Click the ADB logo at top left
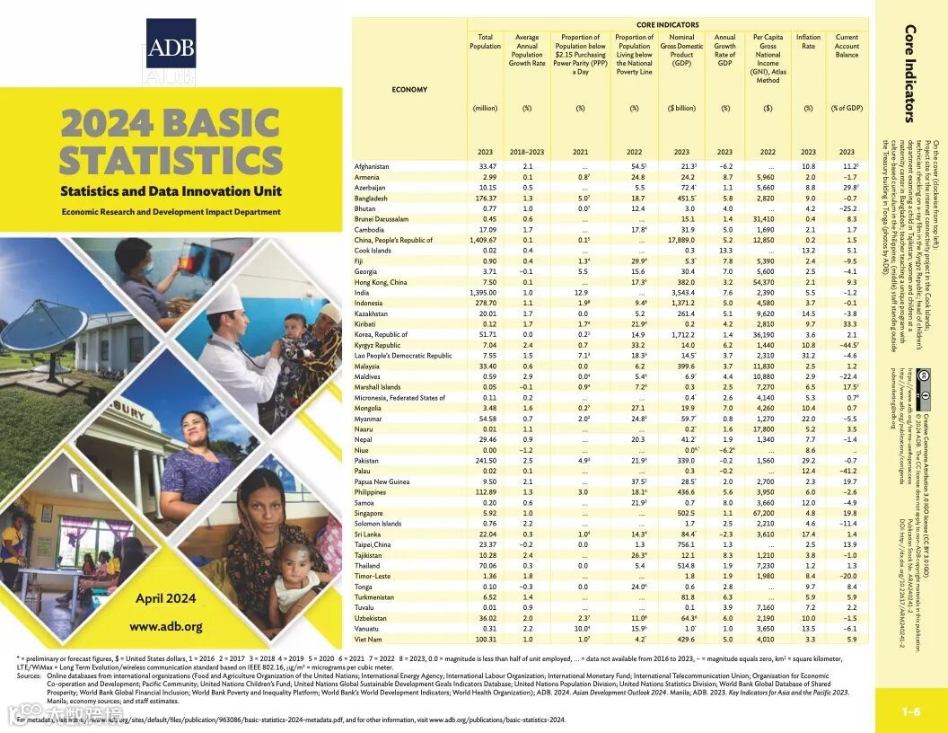click(170, 47)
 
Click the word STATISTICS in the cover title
click(171, 159)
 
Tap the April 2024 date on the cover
click(165, 598)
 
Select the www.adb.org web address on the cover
click(165, 626)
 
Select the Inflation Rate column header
click(808, 42)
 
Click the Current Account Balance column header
click(847, 47)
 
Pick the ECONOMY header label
click(409, 90)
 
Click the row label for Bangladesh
click(371, 198)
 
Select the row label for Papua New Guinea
click(383, 481)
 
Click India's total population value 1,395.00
click(483, 293)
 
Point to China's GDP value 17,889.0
click(682, 240)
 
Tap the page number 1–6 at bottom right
click(911, 712)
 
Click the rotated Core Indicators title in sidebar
click(909, 72)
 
